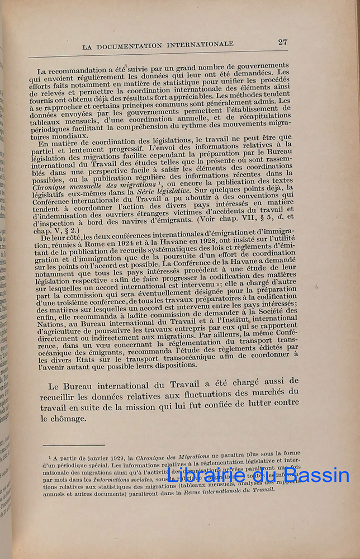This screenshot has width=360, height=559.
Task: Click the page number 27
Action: [283, 42]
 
